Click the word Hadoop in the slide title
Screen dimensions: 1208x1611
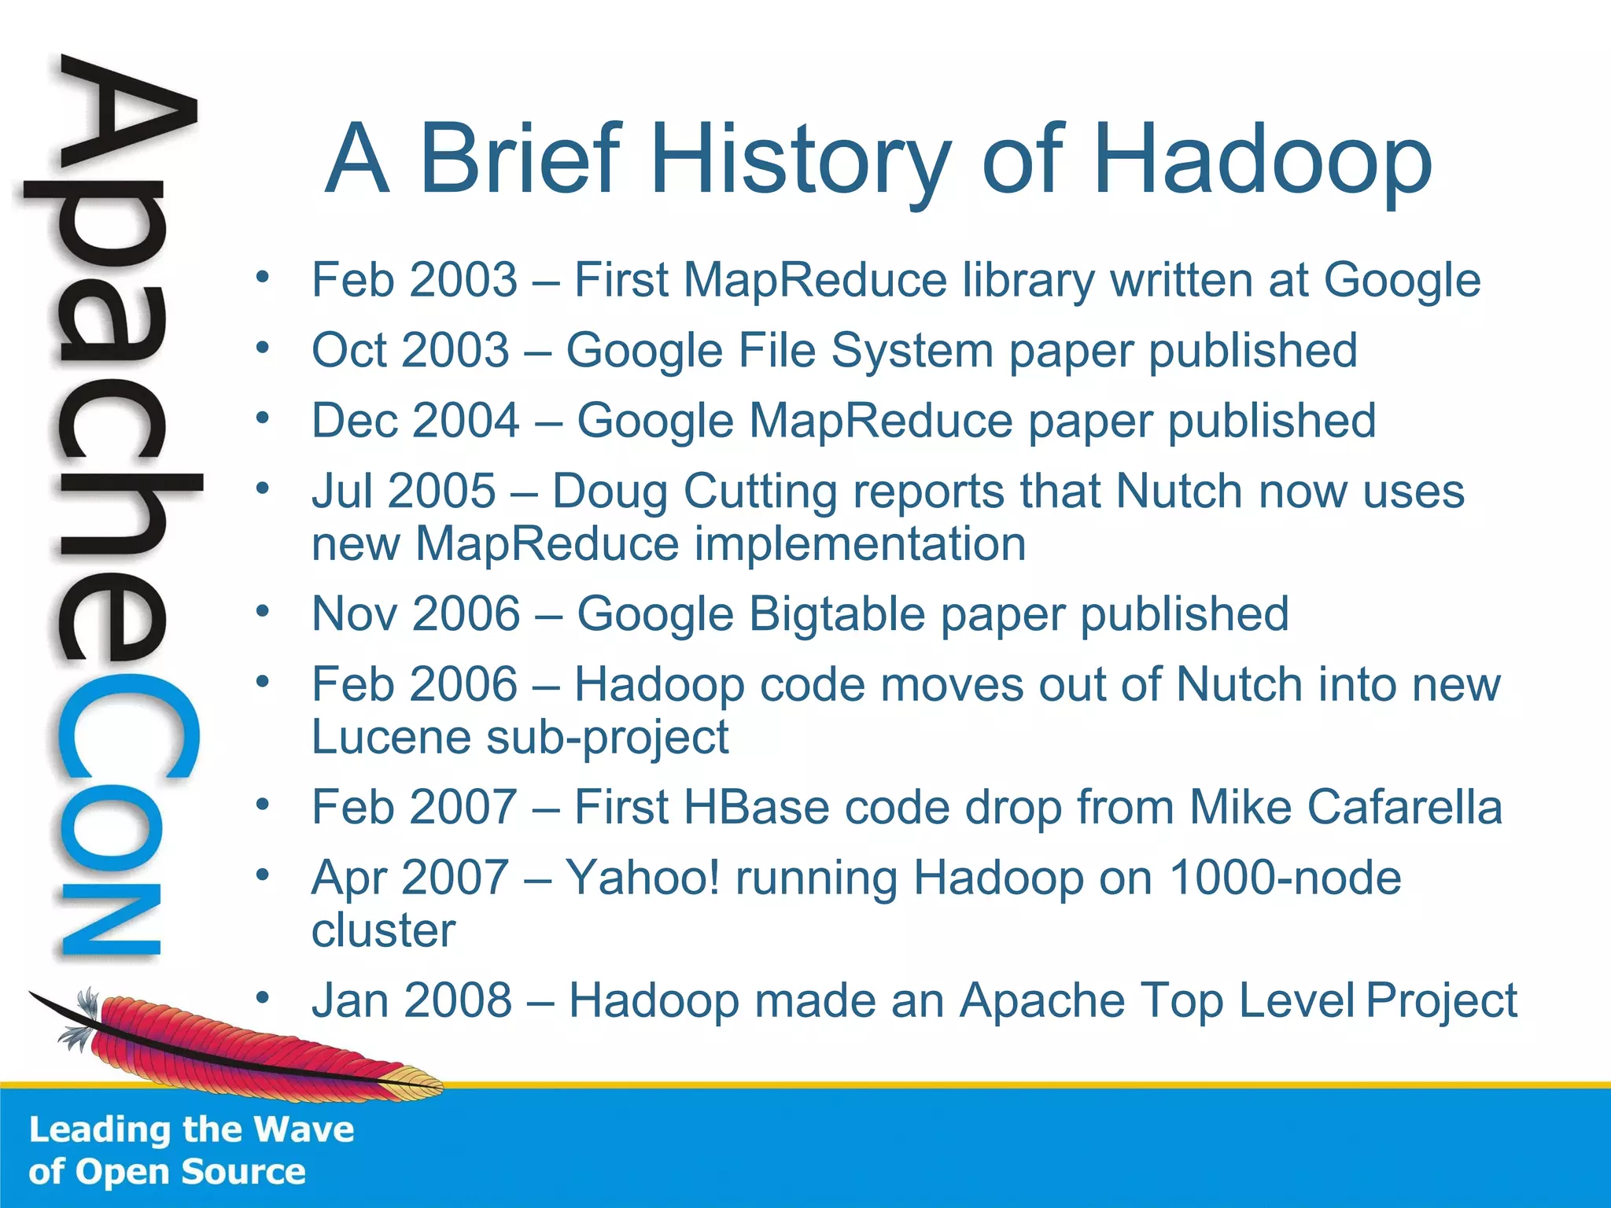pos(1262,160)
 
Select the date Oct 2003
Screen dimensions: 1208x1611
pos(410,350)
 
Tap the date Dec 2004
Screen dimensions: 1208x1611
pos(415,420)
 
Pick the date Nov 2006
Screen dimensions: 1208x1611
pos(416,613)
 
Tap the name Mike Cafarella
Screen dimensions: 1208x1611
pos(1346,807)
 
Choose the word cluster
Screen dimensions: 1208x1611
pos(383,930)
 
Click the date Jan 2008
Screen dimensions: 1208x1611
pos(411,1000)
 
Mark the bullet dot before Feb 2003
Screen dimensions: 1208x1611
pos(263,277)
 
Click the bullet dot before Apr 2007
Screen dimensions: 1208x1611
pos(263,875)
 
